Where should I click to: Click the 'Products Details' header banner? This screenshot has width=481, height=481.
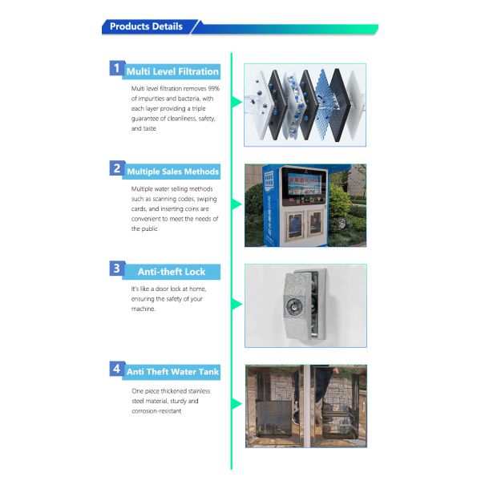click(146, 26)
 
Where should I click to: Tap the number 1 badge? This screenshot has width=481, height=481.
click(117, 69)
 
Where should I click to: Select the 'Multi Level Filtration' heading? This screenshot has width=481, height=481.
click(172, 71)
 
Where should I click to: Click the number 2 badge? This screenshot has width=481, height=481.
click(117, 168)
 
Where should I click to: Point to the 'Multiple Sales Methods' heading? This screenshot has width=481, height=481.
click(172, 171)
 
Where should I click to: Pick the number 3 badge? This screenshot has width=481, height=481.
click(117, 269)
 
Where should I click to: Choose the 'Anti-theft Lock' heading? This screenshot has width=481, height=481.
click(172, 272)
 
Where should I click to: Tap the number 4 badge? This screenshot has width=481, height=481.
click(117, 369)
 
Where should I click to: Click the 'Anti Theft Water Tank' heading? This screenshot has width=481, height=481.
click(172, 372)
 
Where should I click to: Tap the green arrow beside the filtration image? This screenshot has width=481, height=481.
click(237, 103)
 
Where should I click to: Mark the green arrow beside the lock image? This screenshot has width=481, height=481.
click(237, 305)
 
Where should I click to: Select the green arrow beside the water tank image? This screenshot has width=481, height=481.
click(237, 405)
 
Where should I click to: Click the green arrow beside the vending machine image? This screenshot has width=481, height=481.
click(237, 204)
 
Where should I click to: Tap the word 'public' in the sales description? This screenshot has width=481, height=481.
click(140, 228)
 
